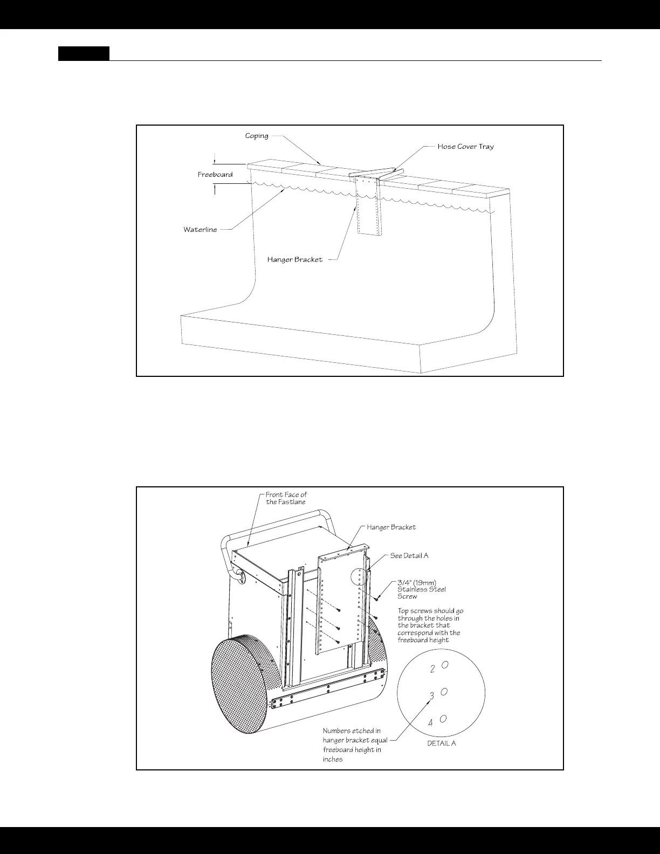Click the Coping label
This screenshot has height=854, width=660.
pyautogui.click(x=257, y=136)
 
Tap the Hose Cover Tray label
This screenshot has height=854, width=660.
pyautogui.click(x=465, y=147)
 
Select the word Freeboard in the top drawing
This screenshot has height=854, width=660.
pyautogui.click(x=215, y=175)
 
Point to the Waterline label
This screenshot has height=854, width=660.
pyautogui.click(x=200, y=230)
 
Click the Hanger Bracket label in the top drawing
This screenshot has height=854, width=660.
pyautogui.click(x=294, y=260)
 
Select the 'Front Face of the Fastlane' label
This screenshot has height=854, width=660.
pyautogui.click(x=286, y=498)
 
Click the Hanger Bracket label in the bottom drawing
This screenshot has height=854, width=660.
pyautogui.click(x=391, y=527)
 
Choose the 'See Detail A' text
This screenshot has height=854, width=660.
pyautogui.click(x=409, y=556)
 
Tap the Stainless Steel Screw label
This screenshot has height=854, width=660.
pyautogui.click(x=421, y=589)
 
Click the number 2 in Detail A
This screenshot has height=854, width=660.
pyautogui.click(x=432, y=670)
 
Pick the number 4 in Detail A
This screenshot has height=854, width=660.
pyautogui.click(x=430, y=723)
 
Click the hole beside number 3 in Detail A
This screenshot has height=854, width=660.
pyautogui.click(x=444, y=692)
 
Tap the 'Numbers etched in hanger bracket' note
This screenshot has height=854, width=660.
pyautogui.click(x=354, y=745)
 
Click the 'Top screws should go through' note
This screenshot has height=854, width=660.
pyautogui.click(x=430, y=625)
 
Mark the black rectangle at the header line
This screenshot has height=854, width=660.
pyautogui.click(x=84, y=53)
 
